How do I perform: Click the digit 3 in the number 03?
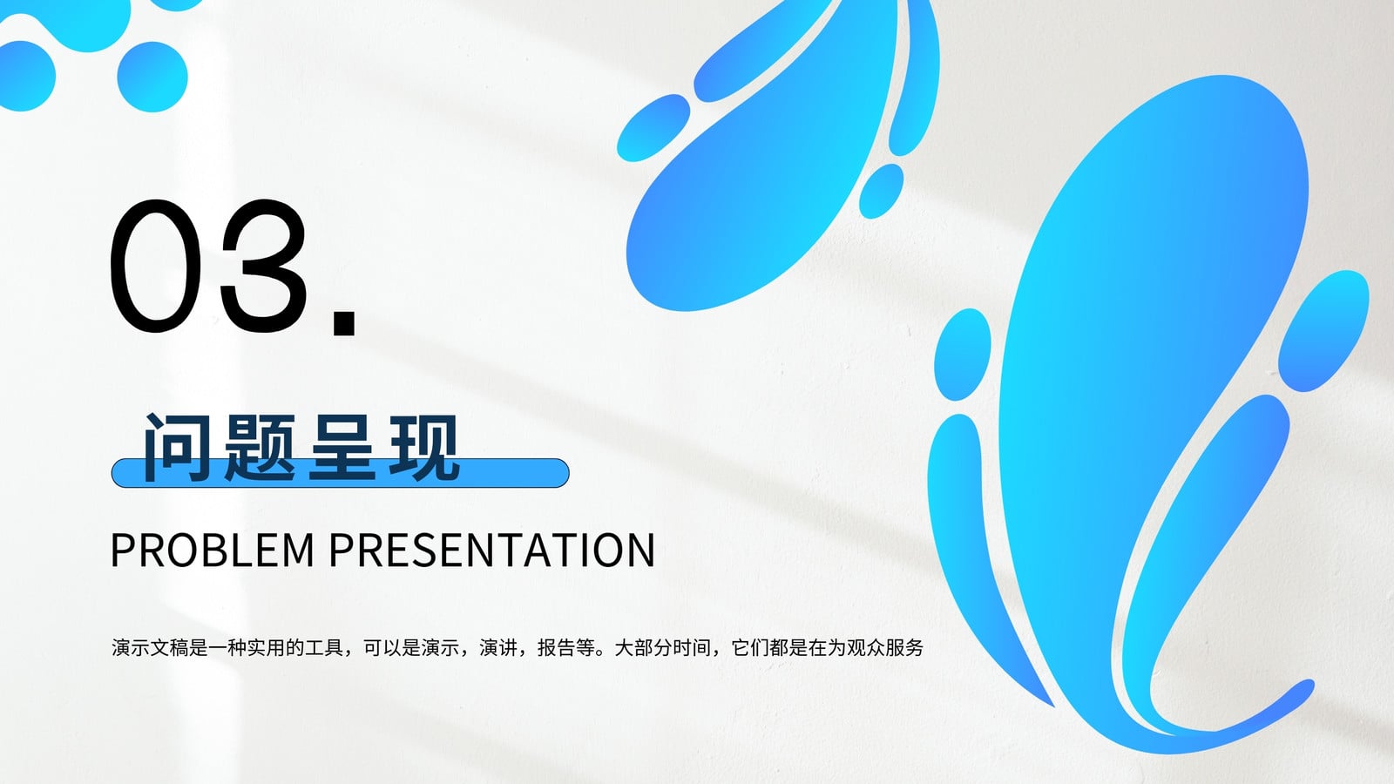pyautogui.click(x=264, y=267)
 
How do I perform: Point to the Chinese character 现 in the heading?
pyautogui.click(x=424, y=447)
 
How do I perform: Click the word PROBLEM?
pyautogui.click(x=213, y=550)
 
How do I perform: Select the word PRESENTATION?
pyautogui.click(x=491, y=550)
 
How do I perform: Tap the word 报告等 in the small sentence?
pyautogui.click(x=566, y=648)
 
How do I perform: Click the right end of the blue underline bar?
pyautogui.click(x=568, y=473)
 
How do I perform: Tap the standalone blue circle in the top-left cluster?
pyautogui.click(x=152, y=77)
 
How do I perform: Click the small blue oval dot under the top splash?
pyautogui.click(x=881, y=191)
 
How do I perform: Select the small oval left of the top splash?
pyautogui.click(x=653, y=127)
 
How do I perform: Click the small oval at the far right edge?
pyautogui.click(x=1323, y=330)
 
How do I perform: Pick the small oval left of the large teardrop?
pyautogui.click(x=962, y=354)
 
